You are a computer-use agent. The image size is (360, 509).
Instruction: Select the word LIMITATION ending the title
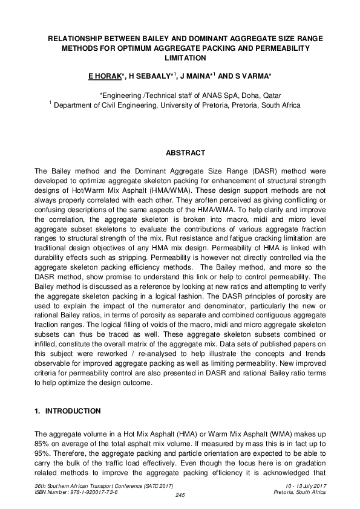click(185, 58)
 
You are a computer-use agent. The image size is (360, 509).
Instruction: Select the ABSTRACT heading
click(185, 153)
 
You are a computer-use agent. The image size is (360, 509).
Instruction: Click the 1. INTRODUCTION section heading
click(68, 411)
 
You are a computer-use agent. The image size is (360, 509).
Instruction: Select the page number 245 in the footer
click(180, 496)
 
